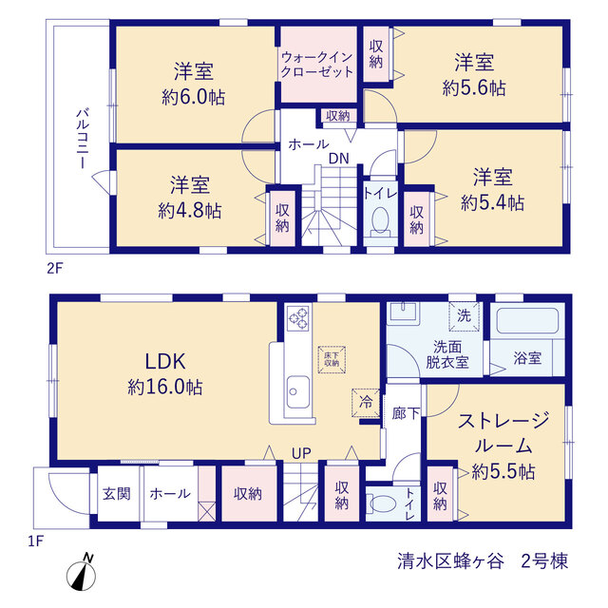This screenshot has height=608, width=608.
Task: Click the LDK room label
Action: click(165, 361)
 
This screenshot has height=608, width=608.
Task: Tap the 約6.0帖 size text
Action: click(194, 97)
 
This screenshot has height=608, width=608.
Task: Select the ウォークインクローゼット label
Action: click(317, 65)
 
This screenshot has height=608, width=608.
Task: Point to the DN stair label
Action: click(339, 159)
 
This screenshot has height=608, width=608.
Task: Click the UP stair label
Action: click(301, 453)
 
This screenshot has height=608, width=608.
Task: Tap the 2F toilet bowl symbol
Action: click(380, 222)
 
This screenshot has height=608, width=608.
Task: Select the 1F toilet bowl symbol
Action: click(382, 504)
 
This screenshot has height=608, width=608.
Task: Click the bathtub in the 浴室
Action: click(527, 320)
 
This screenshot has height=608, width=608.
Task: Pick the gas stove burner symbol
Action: click(297, 318)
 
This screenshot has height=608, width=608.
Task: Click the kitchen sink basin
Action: click(297, 391)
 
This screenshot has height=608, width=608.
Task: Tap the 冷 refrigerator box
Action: click(365, 403)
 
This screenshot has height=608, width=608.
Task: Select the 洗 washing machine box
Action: click(465, 316)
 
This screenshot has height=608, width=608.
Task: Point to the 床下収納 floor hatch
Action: click(332, 359)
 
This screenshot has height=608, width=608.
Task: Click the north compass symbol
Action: click(82, 574)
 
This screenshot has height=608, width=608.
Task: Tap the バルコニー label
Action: click(83, 139)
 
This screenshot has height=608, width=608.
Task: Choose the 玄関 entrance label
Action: click(117, 494)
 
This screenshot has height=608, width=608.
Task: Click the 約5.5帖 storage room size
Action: click(503, 472)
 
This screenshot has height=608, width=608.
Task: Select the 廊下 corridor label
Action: click(406, 413)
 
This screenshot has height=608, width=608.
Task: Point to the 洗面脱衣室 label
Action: click(447, 354)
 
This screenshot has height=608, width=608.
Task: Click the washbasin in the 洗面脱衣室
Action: click(403, 313)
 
